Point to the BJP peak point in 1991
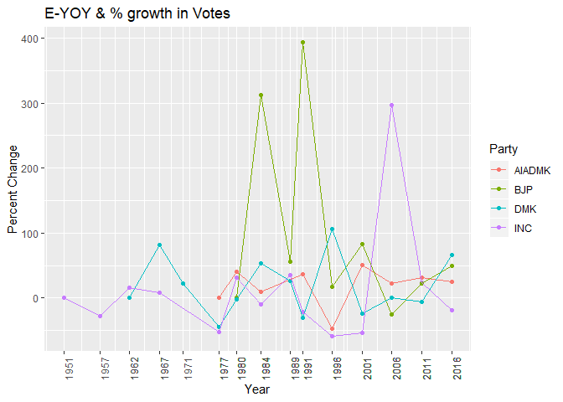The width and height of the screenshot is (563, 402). coord(302,42)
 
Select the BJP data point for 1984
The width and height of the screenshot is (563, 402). coord(261,95)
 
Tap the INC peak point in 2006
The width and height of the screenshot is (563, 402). coord(391,106)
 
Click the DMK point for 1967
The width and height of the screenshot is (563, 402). coord(159,245)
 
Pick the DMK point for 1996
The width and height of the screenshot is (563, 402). coord(332,229)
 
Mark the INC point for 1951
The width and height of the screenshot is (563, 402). coord(64,298)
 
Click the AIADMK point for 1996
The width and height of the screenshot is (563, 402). coord(332,329)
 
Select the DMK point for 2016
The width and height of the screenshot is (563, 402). coord(452,255)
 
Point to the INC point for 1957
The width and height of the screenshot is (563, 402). coord(101,316)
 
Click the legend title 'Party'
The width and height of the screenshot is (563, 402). coord(502,149)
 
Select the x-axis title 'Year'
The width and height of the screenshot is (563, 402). coord(256,389)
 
